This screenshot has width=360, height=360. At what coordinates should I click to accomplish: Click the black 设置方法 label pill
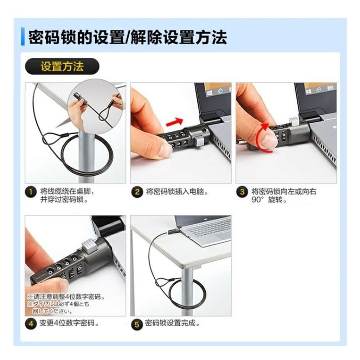62,66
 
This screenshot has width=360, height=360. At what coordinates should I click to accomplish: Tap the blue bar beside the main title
23,37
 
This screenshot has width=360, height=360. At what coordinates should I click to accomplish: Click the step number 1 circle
31,192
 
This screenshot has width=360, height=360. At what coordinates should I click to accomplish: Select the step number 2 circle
137,192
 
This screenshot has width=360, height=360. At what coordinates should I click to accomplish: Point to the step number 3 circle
242,192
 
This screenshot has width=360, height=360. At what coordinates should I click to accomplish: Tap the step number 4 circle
31,324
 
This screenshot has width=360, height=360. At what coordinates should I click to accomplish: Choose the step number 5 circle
137,324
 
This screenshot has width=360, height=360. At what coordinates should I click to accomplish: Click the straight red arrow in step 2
174,122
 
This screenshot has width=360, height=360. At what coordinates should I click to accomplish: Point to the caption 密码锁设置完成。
173,323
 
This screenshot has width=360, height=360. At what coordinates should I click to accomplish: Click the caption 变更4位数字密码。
69,323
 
